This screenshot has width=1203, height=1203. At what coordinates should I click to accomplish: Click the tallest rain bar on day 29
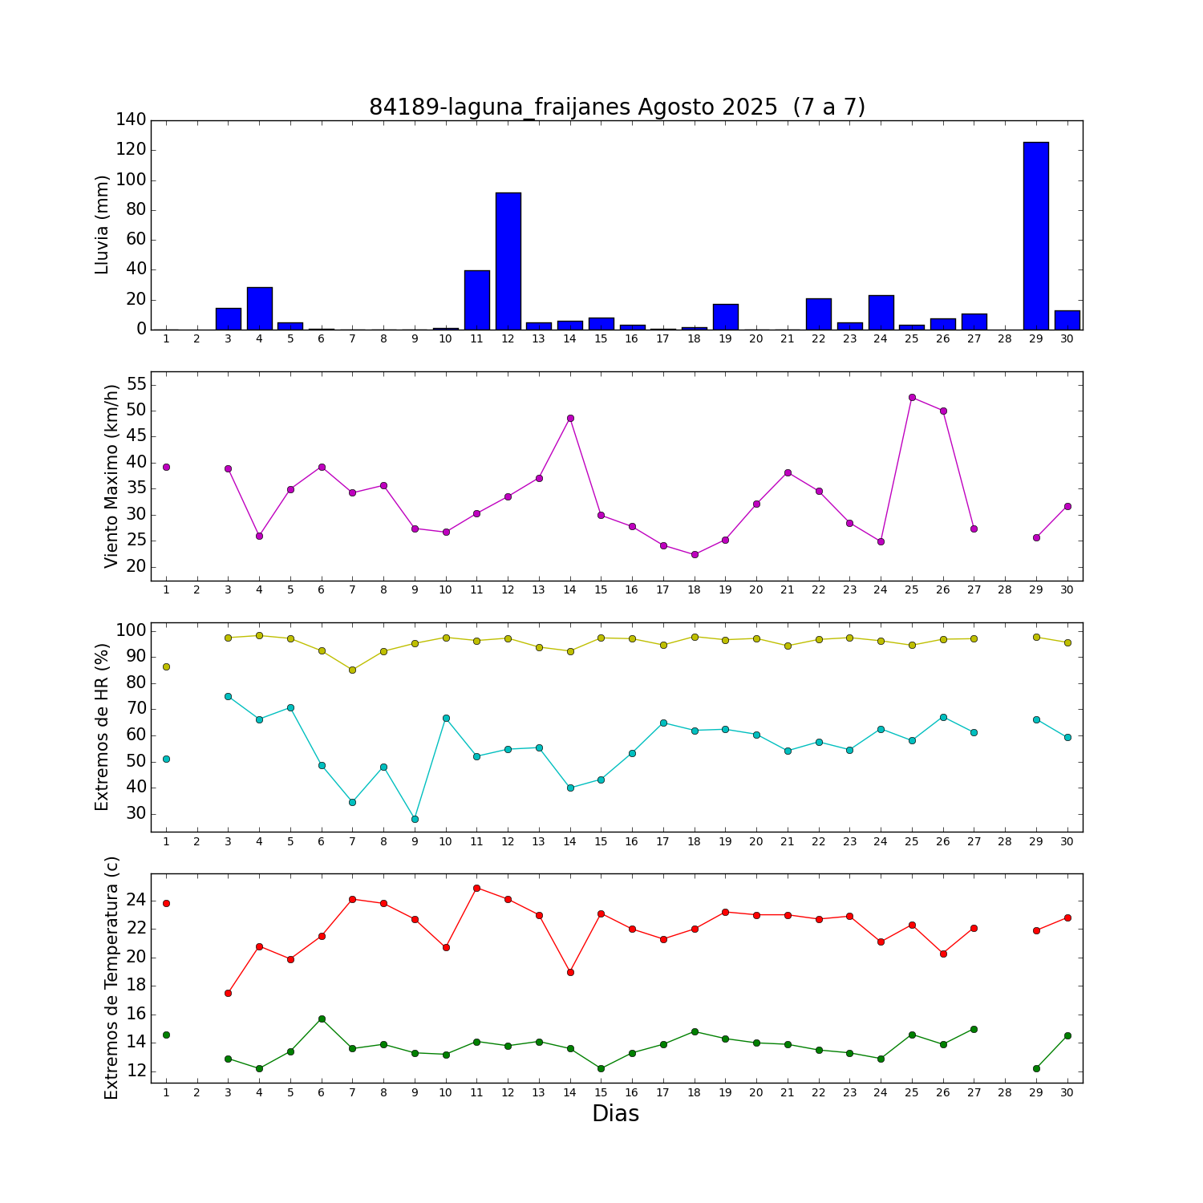(x=1035, y=236)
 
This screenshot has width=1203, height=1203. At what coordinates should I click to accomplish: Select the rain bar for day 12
(x=508, y=261)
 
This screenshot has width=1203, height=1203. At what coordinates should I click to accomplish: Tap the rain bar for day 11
(x=476, y=300)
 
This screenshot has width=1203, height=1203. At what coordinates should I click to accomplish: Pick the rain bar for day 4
(x=259, y=309)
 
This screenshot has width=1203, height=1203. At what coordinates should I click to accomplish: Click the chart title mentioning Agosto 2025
(x=617, y=107)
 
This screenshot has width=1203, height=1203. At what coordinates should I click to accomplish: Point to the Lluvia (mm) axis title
(x=102, y=225)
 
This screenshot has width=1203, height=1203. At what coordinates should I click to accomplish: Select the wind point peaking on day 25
(x=912, y=397)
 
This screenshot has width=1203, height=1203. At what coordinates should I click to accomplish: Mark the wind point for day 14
(x=570, y=418)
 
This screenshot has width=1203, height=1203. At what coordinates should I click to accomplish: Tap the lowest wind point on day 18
(x=695, y=554)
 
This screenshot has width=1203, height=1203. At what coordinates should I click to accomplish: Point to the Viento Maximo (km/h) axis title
(x=111, y=476)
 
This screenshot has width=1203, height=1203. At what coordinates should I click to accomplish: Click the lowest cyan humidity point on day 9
(x=415, y=819)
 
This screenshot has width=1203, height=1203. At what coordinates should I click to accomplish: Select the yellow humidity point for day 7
(x=352, y=670)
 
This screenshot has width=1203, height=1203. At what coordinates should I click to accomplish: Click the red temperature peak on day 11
(x=476, y=888)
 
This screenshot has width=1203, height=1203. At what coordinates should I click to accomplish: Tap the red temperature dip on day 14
(x=570, y=972)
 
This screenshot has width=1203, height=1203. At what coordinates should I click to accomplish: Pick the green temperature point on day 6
(x=322, y=1019)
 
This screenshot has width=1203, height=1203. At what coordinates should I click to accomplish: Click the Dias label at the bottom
(x=615, y=1114)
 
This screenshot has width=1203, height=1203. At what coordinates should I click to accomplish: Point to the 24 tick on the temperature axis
(x=136, y=901)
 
